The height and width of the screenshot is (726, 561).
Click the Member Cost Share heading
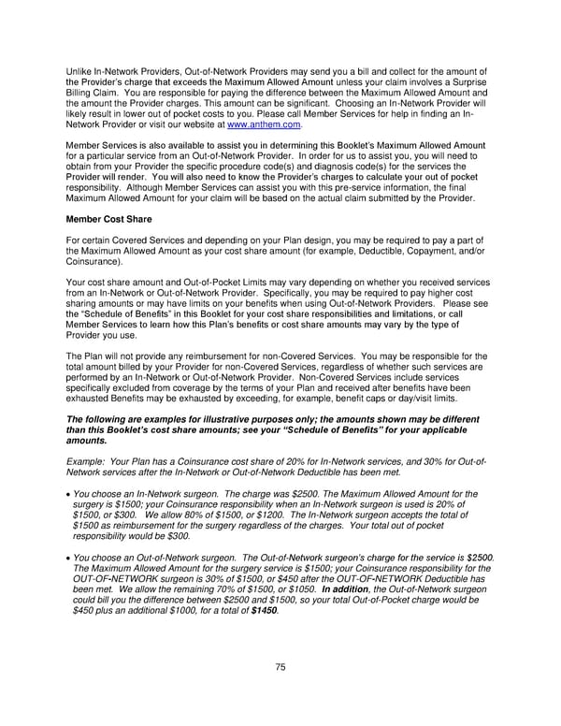[108, 219]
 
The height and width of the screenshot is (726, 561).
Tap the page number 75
[280, 665]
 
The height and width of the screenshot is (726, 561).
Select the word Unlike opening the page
[79, 72]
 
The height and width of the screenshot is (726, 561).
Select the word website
[204, 123]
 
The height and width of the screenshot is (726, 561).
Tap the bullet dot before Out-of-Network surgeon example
[67, 559]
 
